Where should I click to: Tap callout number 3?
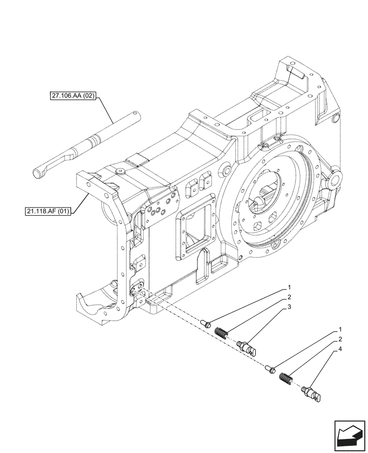point(288,308)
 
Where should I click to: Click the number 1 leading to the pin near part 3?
point(288,288)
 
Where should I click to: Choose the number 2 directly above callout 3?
point(288,298)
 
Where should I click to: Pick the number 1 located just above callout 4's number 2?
point(340,329)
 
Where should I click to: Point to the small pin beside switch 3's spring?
point(204,323)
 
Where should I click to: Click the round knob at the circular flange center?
point(259,200)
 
